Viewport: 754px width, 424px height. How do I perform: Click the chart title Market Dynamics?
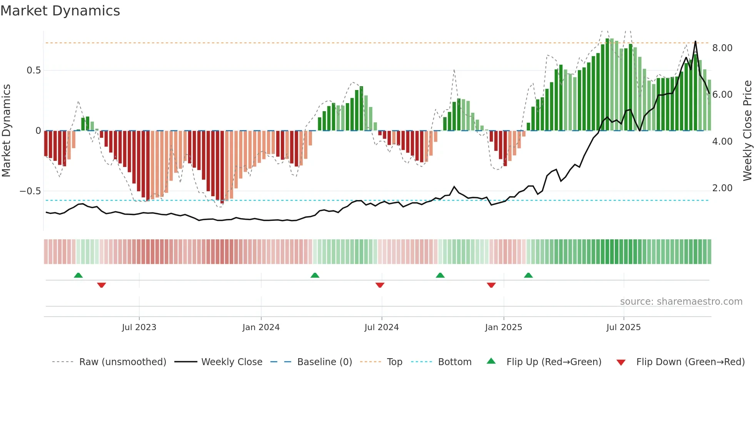point(60,11)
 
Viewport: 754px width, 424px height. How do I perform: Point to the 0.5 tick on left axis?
point(33,70)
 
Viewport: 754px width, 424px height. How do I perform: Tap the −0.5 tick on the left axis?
point(30,191)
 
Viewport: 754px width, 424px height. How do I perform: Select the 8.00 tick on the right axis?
point(722,48)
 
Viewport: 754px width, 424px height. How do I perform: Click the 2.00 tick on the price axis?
point(722,188)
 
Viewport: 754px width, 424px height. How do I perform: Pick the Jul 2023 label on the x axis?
point(139,327)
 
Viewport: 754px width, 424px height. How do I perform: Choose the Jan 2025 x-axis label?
point(503,327)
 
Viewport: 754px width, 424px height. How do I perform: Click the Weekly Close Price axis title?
point(747,131)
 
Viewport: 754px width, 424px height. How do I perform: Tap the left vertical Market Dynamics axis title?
point(6,131)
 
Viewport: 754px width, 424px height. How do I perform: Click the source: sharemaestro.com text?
point(681,302)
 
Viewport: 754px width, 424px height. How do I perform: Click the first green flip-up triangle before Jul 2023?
point(78,275)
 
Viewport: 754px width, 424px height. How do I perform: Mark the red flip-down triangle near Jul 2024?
point(380,285)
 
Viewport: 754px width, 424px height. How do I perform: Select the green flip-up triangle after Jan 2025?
point(528,275)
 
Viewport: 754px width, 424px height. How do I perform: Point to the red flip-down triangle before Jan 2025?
point(491,285)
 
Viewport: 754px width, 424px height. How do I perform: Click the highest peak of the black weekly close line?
point(695,42)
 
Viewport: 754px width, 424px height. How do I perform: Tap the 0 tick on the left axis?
point(38,131)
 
